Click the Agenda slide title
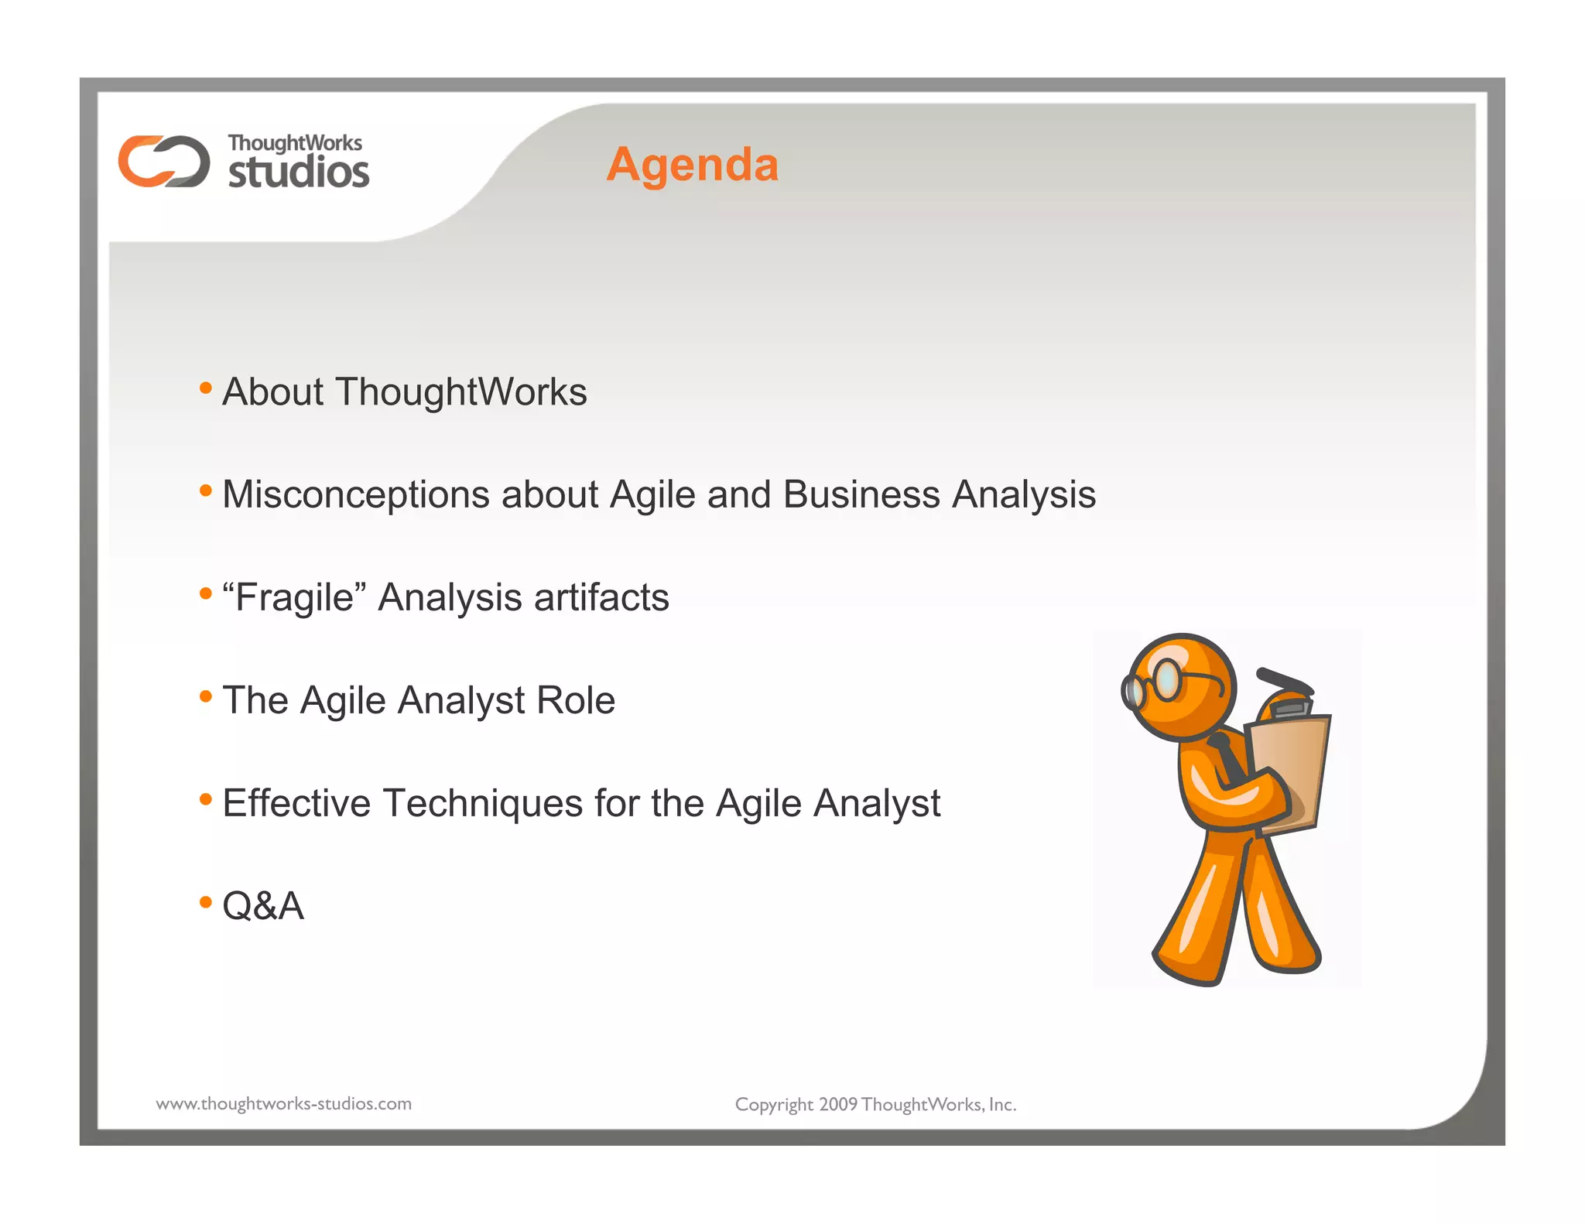point(692,165)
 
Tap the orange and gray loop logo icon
point(163,161)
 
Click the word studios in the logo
point(299,172)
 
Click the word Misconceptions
point(355,494)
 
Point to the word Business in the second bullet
point(861,494)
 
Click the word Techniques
point(482,803)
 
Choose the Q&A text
point(263,906)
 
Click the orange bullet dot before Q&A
point(205,901)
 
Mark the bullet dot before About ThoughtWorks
point(205,387)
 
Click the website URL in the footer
point(284,1104)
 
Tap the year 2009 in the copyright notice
point(837,1105)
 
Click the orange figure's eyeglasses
point(1161,682)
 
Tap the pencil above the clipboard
point(1285,681)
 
